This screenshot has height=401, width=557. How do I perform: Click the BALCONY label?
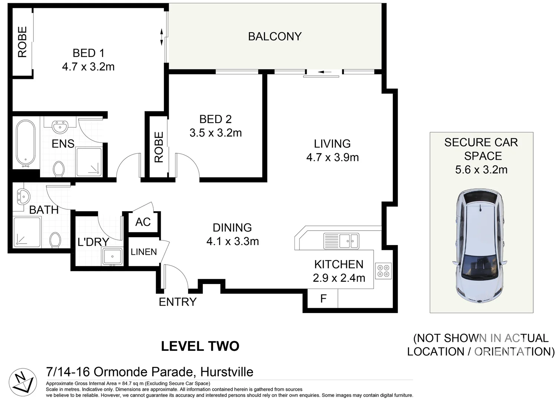click(274, 36)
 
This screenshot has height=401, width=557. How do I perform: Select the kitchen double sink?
click(341, 241)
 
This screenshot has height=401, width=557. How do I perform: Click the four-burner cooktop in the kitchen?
click(383, 271)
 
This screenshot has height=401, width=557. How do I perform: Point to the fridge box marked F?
click(323, 299)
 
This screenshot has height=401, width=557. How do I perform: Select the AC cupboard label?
click(143, 222)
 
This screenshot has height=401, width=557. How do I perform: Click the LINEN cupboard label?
click(144, 252)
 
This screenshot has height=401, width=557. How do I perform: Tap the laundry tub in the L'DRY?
click(112, 257)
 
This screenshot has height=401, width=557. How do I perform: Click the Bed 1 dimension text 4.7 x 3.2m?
click(88, 67)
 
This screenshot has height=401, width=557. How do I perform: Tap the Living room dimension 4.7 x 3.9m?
click(332, 157)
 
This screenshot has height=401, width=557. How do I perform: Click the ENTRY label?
click(177, 302)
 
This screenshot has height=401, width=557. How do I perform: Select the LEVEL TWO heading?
click(200, 346)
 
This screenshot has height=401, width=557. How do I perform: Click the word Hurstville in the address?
click(227, 372)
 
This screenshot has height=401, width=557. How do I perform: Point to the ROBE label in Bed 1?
click(23, 42)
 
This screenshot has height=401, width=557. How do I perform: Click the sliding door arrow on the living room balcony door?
click(322, 72)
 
